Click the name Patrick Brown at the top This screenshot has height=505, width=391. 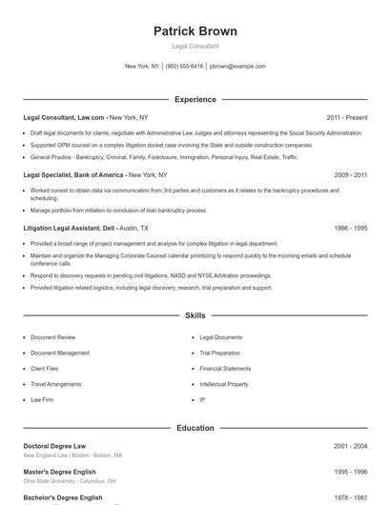[x=195, y=31]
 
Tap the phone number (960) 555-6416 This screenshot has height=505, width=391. [x=184, y=67]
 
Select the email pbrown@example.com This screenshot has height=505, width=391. [x=237, y=67]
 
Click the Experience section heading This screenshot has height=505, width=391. [x=195, y=99]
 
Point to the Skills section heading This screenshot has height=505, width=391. [x=195, y=315]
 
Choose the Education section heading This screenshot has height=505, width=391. [x=195, y=428]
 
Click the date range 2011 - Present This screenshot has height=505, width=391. [x=346, y=117]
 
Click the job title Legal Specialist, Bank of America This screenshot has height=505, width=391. [x=74, y=175]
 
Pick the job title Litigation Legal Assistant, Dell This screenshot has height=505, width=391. [x=70, y=229]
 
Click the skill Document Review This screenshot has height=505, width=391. [x=52, y=337]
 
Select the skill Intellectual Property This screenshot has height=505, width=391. [x=224, y=384]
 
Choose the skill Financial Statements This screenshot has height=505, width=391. [x=225, y=369]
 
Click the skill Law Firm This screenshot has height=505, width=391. [x=42, y=399]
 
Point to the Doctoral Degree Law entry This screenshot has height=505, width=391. [x=54, y=446]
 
